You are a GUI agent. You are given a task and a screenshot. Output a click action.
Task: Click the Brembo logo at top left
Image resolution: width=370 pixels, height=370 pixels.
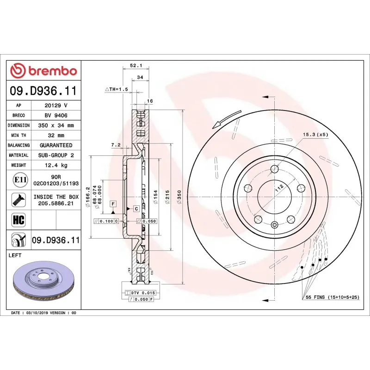coord(43,71)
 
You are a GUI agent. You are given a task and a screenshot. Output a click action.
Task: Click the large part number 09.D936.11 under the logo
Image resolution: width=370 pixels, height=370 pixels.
coord(43,91)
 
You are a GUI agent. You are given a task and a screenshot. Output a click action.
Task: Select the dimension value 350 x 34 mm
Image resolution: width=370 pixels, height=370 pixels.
coord(56,125)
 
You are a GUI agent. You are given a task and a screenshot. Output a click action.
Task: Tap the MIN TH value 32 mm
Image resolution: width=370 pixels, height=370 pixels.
coord(56,136)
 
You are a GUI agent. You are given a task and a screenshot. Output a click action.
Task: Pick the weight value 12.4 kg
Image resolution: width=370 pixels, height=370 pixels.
coord(56,165)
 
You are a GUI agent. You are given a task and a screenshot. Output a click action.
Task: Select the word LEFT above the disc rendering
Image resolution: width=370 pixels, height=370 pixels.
coord(15,255)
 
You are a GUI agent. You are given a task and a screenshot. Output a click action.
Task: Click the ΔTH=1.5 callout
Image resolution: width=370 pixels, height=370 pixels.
coord(116,89)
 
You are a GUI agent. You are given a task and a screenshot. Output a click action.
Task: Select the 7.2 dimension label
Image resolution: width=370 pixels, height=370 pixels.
coord(116,145)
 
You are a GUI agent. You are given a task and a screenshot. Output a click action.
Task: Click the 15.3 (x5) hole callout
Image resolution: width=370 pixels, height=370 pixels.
coord(315,135)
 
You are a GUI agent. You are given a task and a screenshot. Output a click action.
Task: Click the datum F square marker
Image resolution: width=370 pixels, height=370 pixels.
coord(112,203)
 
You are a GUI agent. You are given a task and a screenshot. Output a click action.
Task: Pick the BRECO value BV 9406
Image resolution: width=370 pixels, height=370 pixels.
coord(56,115)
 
